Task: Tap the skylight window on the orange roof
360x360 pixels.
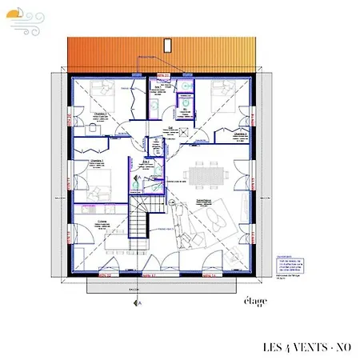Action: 167,44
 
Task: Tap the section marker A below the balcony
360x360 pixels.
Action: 138,304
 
